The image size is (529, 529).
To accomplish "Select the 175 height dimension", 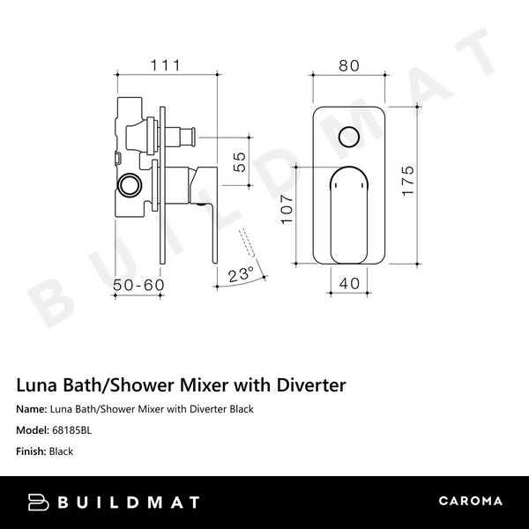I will pyautogui.click(x=407, y=183).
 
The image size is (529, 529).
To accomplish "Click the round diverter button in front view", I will pyautogui.click(x=348, y=137).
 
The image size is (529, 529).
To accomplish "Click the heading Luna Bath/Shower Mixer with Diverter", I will pyautogui.click(x=181, y=385).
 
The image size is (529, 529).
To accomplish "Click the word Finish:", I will pyautogui.click(x=31, y=451).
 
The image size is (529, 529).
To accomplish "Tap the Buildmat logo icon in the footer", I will pyautogui.click(x=39, y=502).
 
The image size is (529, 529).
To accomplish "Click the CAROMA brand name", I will pyautogui.click(x=470, y=502).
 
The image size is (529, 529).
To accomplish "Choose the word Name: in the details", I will pyautogui.click(x=32, y=409).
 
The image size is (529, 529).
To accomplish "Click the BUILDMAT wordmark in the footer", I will pyautogui.click(x=129, y=502).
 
